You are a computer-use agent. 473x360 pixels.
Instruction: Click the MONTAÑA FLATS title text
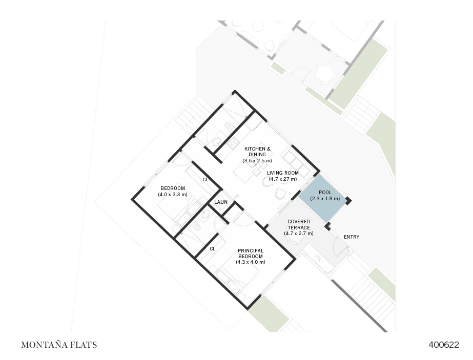(x=59, y=345)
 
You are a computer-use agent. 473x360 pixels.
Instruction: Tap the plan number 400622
(x=443, y=345)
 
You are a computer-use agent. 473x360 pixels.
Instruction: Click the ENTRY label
(x=352, y=237)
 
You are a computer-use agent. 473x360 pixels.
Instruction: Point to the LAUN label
(x=221, y=202)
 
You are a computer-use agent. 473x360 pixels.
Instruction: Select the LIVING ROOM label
(x=283, y=173)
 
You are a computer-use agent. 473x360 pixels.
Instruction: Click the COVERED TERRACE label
(x=299, y=224)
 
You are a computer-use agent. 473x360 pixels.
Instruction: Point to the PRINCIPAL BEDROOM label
(x=251, y=253)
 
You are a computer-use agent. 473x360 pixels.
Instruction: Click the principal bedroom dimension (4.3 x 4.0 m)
(x=251, y=262)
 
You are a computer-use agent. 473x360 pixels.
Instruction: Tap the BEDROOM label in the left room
(x=173, y=188)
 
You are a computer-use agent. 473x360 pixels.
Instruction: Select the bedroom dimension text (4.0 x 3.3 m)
(x=173, y=195)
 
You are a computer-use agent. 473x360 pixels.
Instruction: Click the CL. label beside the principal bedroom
(x=213, y=249)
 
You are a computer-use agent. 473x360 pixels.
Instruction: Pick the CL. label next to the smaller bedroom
(x=206, y=180)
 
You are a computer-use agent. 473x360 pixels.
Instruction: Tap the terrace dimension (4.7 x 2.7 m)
(x=299, y=234)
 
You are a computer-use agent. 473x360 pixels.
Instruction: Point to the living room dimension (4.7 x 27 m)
(x=283, y=179)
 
